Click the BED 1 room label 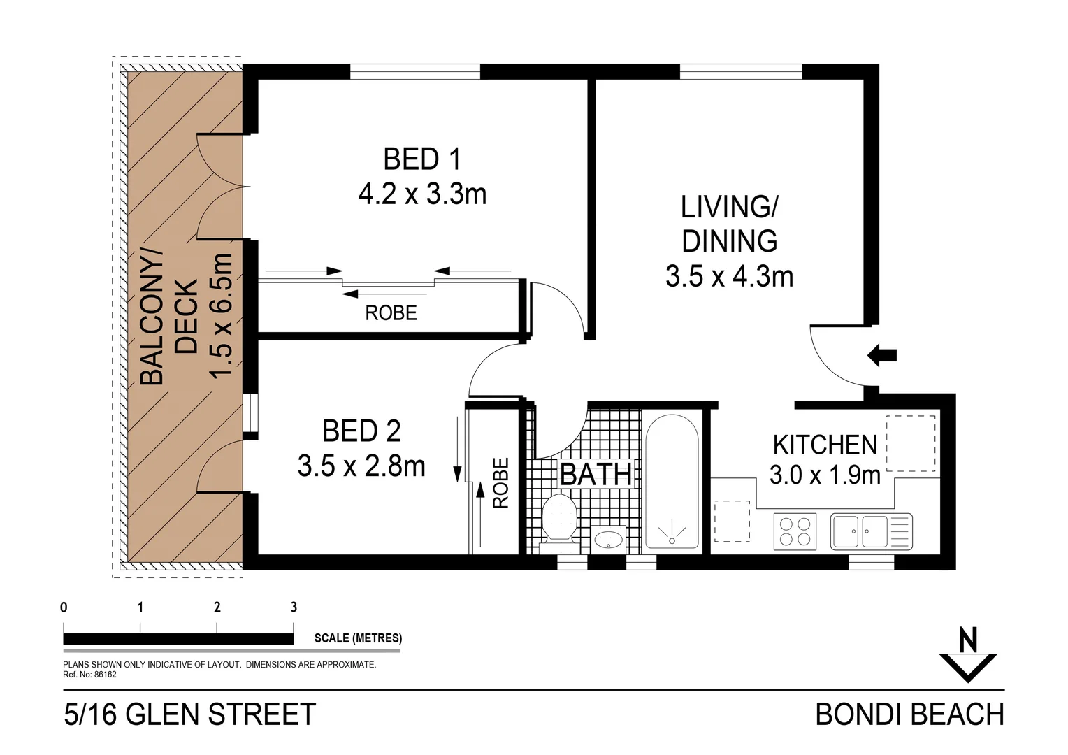click(x=422, y=159)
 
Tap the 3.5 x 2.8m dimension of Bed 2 click(x=361, y=466)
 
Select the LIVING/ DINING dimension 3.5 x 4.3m click(x=729, y=277)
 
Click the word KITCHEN click(x=825, y=445)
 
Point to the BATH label click(x=596, y=475)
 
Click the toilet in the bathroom click(x=558, y=517)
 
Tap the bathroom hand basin click(x=609, y=539)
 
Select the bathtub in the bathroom click(x=671, y=482)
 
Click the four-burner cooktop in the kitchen click(x=795, y=531)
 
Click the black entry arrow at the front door click(x=882, y=355)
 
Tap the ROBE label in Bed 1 click(x=391, y=313)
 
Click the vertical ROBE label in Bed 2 click(x=501, y=483)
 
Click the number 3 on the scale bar click(x=294, y=607)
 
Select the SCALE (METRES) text click(x=358, y=638)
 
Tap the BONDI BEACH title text click(x=909, y=714)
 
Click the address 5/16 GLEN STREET click(x=190, y=714)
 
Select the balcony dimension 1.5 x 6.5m click(x=222, y=316)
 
